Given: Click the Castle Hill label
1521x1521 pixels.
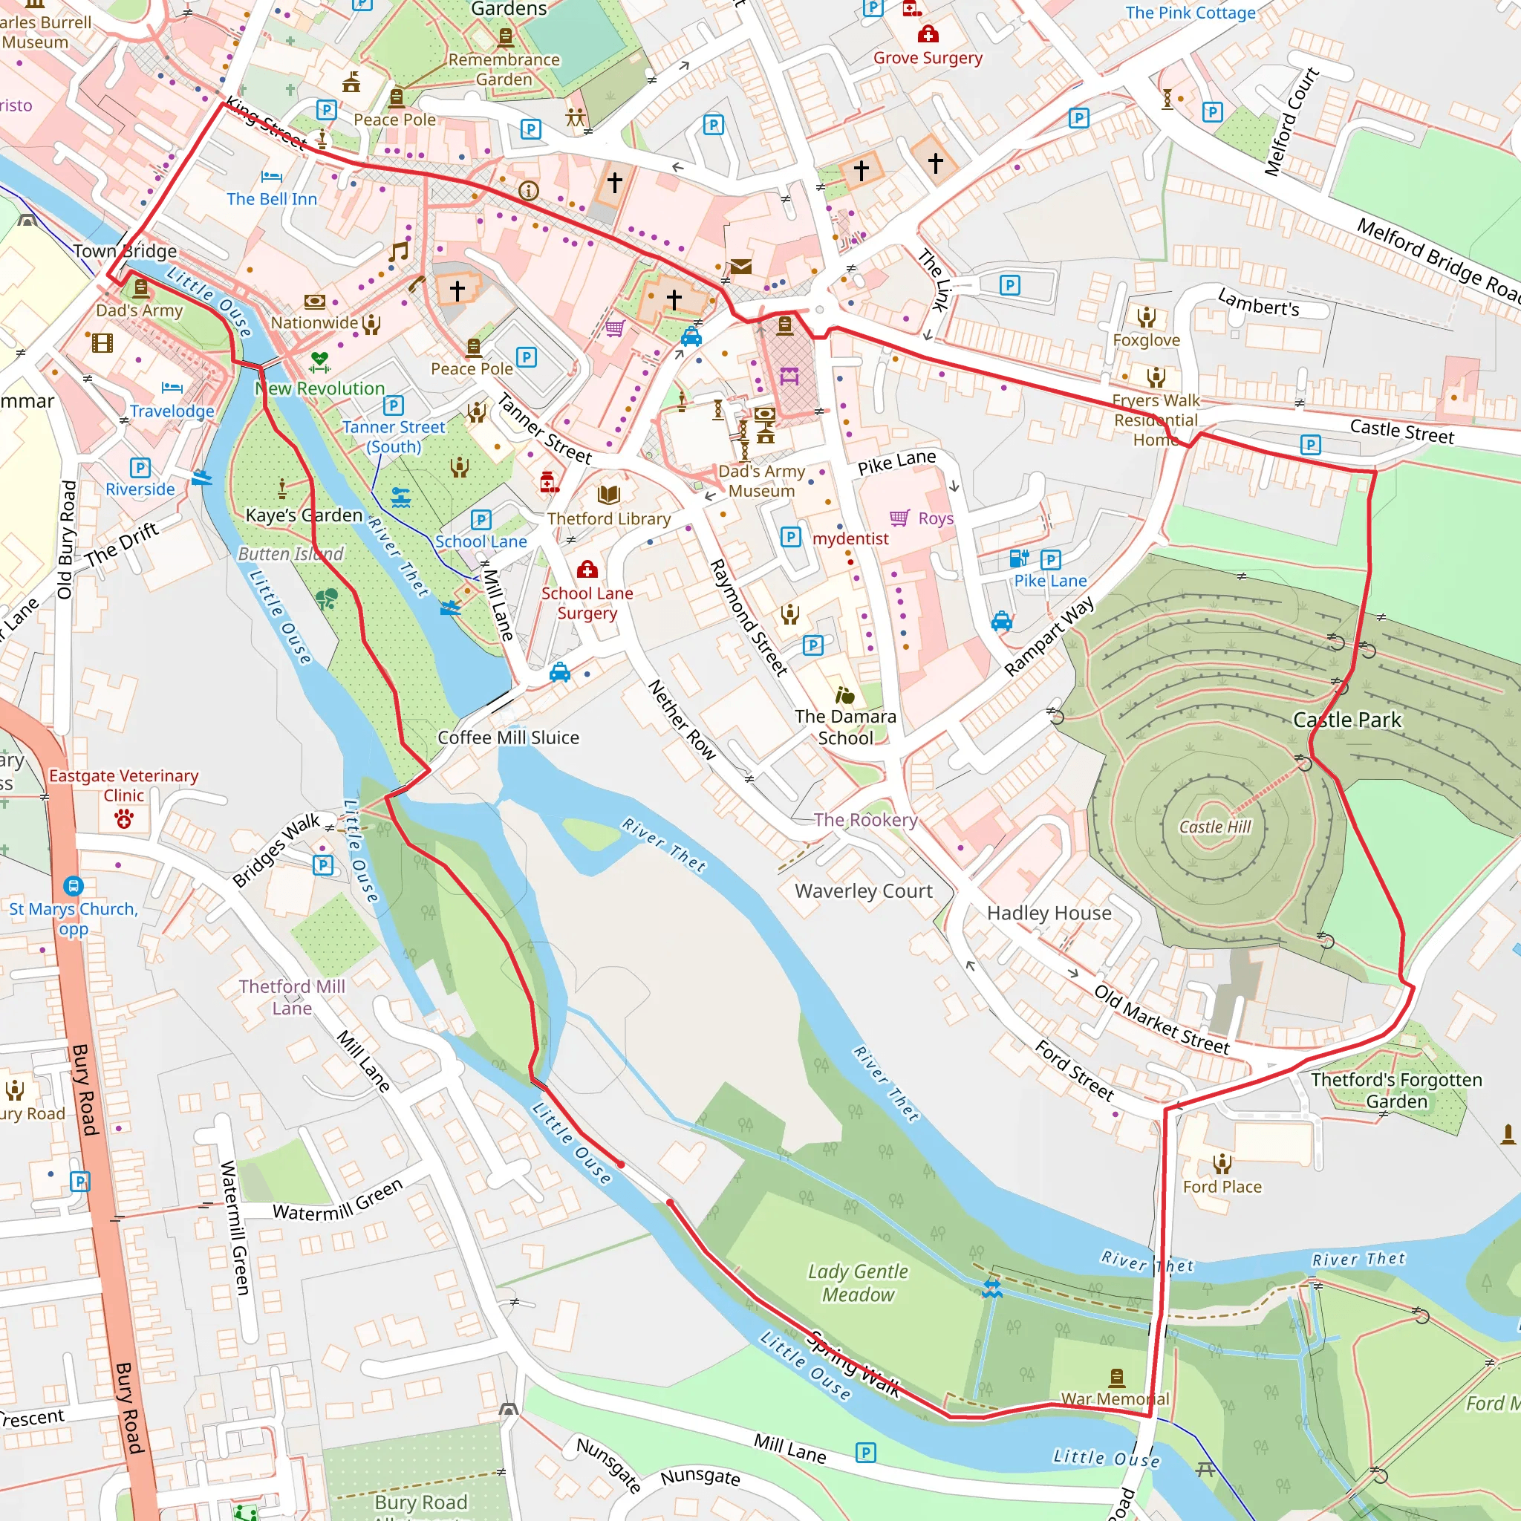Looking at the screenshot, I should tap(1215, 827).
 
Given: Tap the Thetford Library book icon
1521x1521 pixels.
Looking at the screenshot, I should tap(608, 495).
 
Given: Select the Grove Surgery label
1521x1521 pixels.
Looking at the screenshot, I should tap(928, 57).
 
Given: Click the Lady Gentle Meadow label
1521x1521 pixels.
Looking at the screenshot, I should tap(858, 1283).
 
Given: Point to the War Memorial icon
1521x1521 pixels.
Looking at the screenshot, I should tap(1116, 1378).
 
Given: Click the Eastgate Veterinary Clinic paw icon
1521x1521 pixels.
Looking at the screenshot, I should tap(123, 820).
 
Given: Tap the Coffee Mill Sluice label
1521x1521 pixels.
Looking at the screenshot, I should tap(508, 737).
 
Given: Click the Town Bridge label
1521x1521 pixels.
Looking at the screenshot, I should tap(126, 251).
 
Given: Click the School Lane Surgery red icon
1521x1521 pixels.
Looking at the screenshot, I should tap(587, 569).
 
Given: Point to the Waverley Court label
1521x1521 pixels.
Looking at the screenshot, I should tap(864, 891).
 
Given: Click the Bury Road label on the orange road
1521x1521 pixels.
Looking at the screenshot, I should tap(84, 1090).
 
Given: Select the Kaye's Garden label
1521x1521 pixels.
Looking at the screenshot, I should tap(304, 515).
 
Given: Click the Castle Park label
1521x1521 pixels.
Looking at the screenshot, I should tap(1347, 720).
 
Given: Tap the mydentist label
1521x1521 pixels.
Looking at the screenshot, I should tap(850, 538).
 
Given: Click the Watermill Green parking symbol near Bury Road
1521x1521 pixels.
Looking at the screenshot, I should tap(80, 1181).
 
